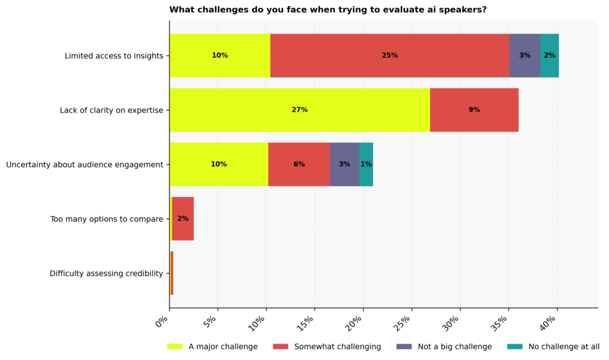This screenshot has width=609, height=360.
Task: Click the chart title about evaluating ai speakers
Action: coord(328,10)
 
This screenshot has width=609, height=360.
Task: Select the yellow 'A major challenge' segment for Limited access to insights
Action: coord(219,55)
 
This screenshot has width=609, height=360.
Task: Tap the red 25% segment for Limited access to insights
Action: coord(390,55)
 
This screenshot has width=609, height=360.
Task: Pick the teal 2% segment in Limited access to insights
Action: coord(550,55)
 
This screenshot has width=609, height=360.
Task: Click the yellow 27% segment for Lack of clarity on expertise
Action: coord(299,110)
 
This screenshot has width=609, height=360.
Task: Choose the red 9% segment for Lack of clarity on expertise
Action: coord(474,110)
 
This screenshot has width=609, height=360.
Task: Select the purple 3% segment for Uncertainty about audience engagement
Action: coord(344,164)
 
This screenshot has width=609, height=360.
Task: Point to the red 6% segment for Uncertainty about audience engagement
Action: coord(299,164)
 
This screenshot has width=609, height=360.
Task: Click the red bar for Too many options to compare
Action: coord(183,219)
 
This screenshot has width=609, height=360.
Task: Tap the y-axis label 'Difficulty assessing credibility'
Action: coord(106,274)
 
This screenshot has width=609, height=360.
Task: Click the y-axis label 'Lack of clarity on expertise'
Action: coord(111,110)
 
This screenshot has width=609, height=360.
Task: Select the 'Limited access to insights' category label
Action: coord(114,56)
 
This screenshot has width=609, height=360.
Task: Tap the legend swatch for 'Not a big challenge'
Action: coord(404,347)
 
